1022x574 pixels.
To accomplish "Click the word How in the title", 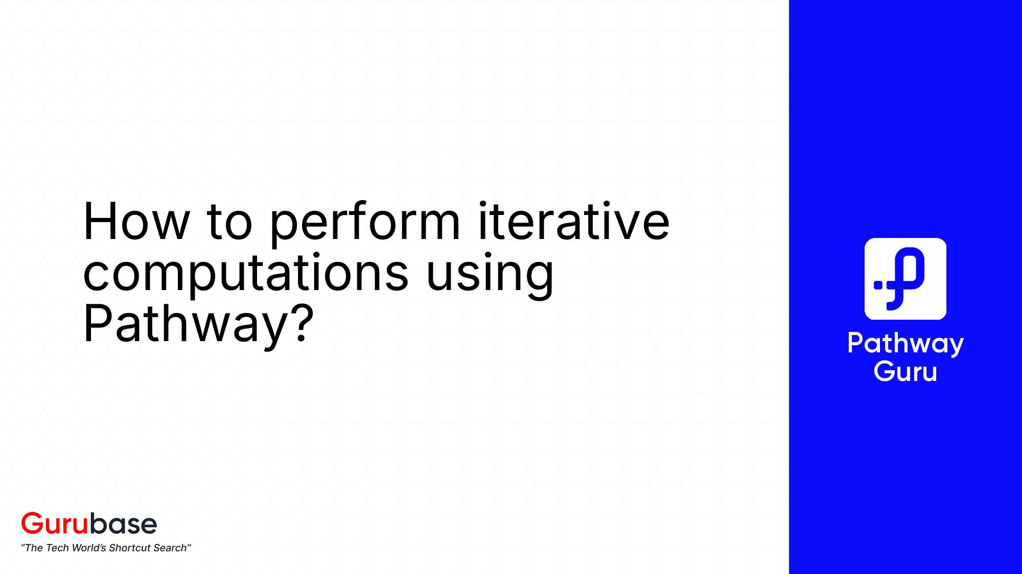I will [135, 222].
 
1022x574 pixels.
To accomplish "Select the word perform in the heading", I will [364, 223].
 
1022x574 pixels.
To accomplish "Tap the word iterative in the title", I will [573, 222].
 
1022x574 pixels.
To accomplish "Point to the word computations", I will [245, 273].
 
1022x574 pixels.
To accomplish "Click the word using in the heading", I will [490, 274].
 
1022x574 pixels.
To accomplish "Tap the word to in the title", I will [229, 223].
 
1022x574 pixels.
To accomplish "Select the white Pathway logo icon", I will [905, 279].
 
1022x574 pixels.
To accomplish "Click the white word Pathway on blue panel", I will [905, 344].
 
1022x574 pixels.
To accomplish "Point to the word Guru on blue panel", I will [905, 371].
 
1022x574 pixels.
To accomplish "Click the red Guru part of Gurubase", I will [55, 523].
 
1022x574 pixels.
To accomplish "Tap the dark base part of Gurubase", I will [124, 523].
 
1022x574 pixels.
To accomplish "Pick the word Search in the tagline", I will [171, 548].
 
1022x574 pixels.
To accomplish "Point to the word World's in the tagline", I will [89, 548].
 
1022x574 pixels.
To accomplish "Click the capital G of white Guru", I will [884, 371].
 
